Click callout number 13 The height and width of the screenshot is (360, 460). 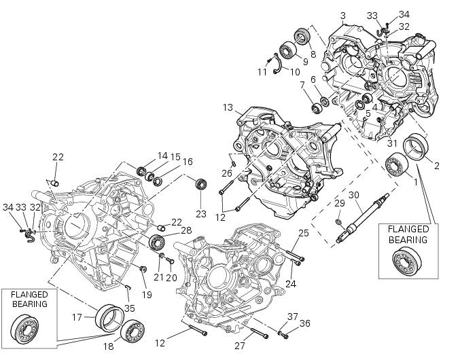point(227,107)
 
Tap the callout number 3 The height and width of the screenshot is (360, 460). point(342,16)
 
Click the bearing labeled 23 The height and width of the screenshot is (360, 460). point(200,183)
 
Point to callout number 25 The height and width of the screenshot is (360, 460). point(303,234)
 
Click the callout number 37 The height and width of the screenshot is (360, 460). point(292,316)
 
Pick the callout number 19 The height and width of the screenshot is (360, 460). point(147,294)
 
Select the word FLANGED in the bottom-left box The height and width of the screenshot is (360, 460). point(29,294)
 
